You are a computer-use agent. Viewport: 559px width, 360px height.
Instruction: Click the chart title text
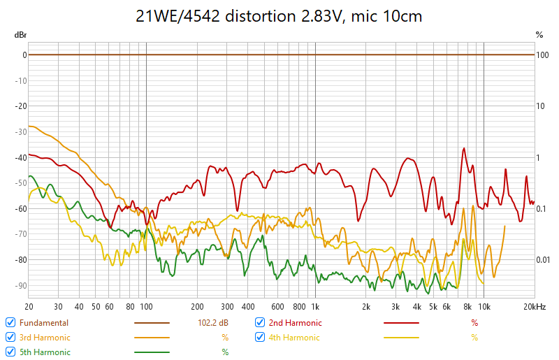click(x=279, y=15)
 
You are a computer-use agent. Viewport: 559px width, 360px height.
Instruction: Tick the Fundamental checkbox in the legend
click(x=10, y=322)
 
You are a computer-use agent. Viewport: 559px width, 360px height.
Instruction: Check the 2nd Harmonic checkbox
click(x=260, y=322)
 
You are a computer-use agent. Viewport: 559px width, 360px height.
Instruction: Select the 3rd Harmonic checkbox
click(x=10, y=337)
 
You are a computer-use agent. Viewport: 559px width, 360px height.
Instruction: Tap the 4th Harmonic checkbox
click(x=260, y=337)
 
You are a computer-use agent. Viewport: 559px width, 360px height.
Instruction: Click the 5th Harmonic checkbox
click(x=10, y=352)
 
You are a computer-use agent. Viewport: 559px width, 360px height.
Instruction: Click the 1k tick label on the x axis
click(x=315, y=306)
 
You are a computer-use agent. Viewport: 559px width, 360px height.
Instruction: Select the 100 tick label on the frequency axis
click(x=145, y=306)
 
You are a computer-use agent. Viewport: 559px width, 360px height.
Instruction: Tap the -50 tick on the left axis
click(x=22, y=183)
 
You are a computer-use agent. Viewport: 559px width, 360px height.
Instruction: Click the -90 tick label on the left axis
click(x=22, y=285)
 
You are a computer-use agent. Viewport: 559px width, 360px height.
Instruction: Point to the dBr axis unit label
click(x=21, y=34)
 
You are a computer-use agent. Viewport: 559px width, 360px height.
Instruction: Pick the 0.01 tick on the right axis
click(x=543, y=260)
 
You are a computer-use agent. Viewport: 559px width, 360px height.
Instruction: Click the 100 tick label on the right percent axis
click(x=542, y=55)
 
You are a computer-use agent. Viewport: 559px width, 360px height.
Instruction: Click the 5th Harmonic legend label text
click(x=45, y=352)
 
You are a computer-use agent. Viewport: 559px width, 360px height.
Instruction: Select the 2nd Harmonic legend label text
click(x=295, y=323)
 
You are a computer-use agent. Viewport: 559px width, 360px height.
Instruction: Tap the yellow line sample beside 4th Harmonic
click(x=401, y=338)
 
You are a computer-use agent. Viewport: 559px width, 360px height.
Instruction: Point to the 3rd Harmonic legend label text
click(x=45, y=338)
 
